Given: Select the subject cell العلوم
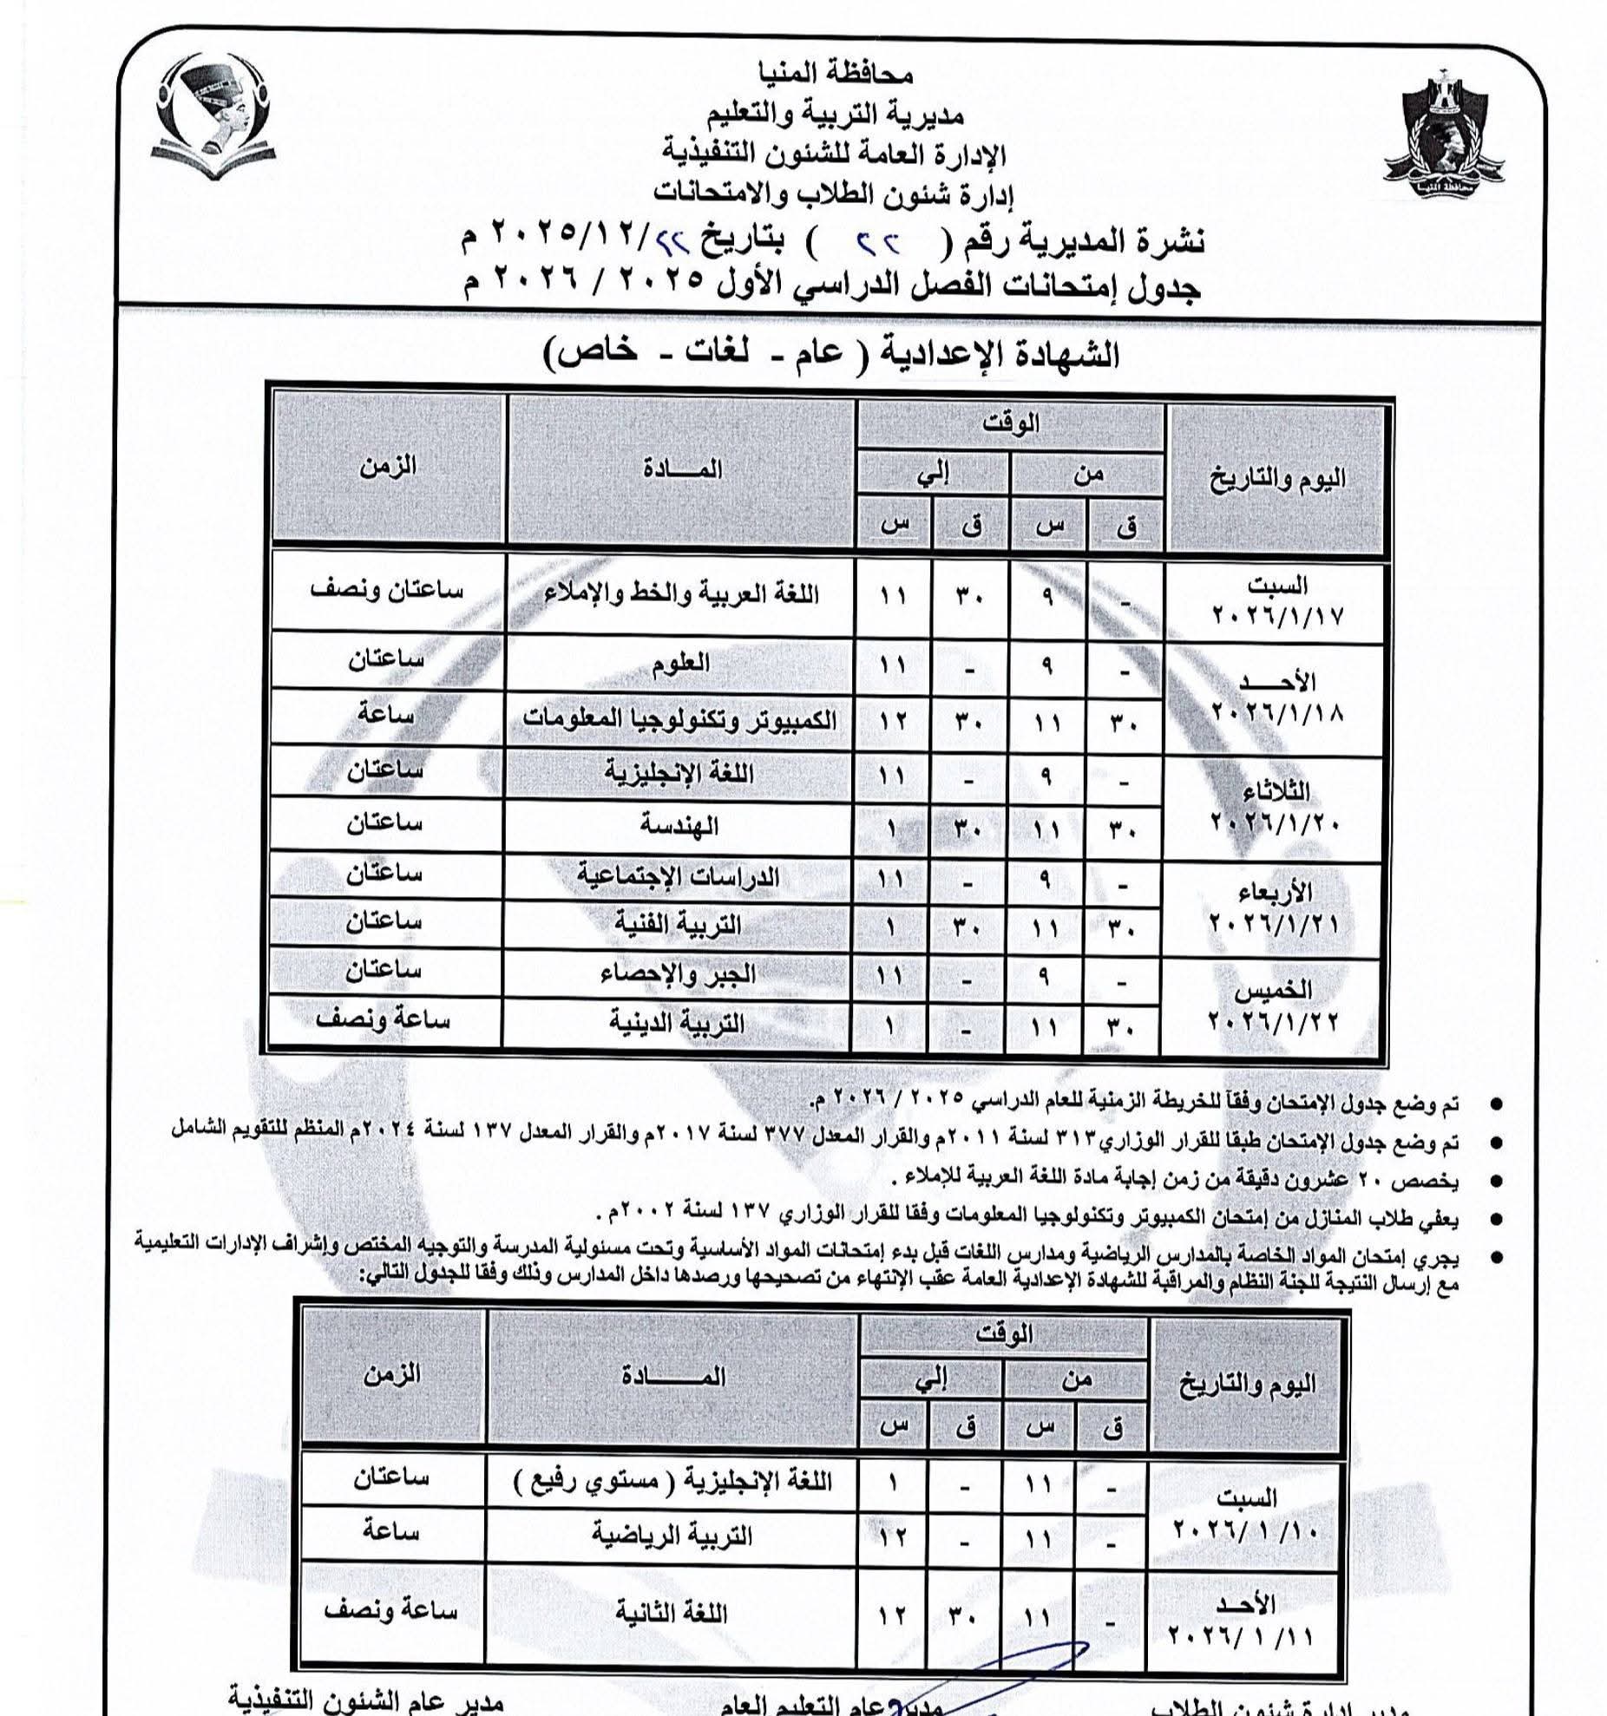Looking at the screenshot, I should (x=679, y=663).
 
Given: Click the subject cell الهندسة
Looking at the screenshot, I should (x=679, y=825).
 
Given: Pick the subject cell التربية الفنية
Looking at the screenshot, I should (x=679, y=924).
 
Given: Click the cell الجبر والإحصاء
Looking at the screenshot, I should (x=679, y=973).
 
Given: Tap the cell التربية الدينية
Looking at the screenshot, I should (x=679, y=1023).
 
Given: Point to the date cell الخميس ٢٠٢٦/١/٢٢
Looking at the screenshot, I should (x=1276, y=1005).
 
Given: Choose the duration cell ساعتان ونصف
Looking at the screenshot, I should (x=387, y=590).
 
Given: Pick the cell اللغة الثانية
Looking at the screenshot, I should (x=672, y=1613).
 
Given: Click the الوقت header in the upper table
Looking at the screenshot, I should (x=1011, y=424).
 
